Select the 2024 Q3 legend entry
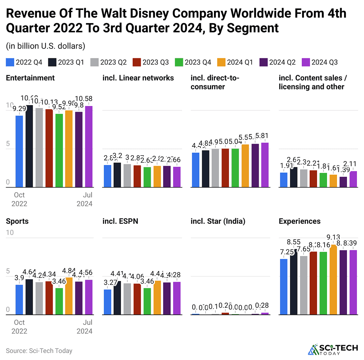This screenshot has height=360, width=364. pyautogui.click(x=319, y=62)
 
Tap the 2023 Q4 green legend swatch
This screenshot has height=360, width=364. pyautogui.click(x=179, y=62)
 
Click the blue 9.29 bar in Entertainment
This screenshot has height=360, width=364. pyautogui.click(x=19, y=151)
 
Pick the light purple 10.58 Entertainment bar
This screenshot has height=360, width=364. pyautogui.click(x=89, y=147)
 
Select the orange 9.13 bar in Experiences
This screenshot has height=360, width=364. pyautogui.click(x=333, y=280)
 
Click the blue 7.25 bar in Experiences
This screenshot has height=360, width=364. pyautogui.click(x=283, y=287)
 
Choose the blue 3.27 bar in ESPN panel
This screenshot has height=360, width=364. pyautogui.click(x=107, y=302)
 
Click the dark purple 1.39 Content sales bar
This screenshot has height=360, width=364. pyautogui.click(x=343, y=182)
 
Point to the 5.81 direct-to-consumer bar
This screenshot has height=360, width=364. pyautogui.click(x=265, y=165)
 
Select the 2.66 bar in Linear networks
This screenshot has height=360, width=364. pyautogui.click(x=177, y=177)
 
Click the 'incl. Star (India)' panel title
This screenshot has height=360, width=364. pyautogui.click(x=218, y=221)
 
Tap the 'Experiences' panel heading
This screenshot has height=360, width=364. pyautogui.click(x=299, y=221)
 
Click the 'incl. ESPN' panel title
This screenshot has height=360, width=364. pyautogui.click(x=120, y=221)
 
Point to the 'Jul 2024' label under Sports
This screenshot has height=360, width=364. pyautogui.click(x=85, y=327)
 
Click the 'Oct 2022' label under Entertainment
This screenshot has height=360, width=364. pyautogui.click(x=19, y=199)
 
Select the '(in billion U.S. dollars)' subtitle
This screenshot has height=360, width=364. pyautogui.click(x=45, y=46)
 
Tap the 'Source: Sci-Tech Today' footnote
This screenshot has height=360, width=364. pyautogui.click(x=39, y=351)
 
